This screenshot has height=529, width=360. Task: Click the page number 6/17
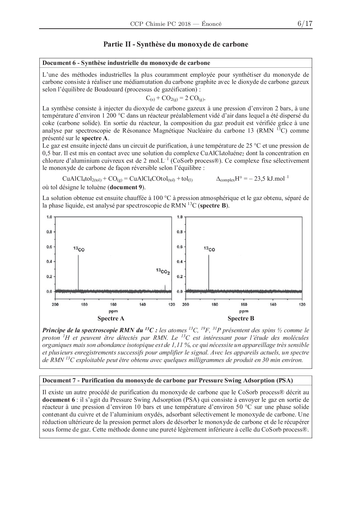tap(305, 24)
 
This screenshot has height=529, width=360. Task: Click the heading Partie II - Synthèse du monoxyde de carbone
tap(176, 44)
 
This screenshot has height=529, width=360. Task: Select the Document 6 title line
tap(126, 63)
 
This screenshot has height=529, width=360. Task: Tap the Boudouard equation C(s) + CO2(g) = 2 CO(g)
tap(176, 98)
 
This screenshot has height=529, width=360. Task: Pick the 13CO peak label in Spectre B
tap(209, 249)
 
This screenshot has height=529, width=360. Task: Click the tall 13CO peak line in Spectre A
tap(78, 272)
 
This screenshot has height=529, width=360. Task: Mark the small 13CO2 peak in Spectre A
tap(165, 288)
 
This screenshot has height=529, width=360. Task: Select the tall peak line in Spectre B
tap(209, 272)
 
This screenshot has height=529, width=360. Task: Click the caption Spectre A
tap(111, 318)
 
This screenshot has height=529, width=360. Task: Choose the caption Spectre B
tap(241, 318)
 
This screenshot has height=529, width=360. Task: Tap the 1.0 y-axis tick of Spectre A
tap(49, 217)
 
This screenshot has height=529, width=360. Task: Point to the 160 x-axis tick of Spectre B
tap(244, 305)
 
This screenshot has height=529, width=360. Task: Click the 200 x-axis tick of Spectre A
tap(55, 305)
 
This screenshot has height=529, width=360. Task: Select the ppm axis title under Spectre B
tap(243, 311)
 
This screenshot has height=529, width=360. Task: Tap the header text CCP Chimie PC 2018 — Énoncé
tap(176, 24)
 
